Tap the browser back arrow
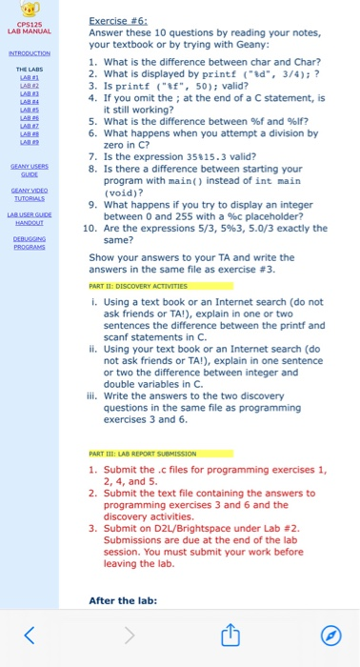(29, 635)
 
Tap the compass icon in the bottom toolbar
(331, 635)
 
